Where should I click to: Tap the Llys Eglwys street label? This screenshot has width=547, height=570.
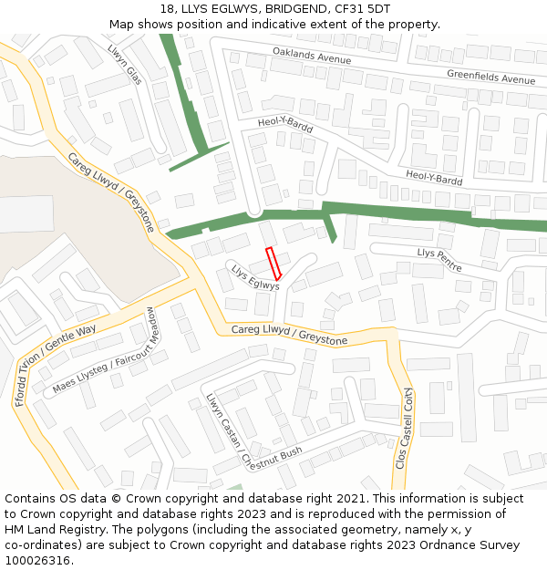pos(254,277)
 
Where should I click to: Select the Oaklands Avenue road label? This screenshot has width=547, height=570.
pos(311,57)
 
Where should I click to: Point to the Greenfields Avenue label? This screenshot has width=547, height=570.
pos(490,77)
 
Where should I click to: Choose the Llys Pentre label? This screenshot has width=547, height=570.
pos(439,260)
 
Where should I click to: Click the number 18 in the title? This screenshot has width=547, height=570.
pos(166,8)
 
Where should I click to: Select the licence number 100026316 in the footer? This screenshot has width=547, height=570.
pos(37,560)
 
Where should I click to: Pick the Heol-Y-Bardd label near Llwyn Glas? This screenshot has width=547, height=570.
pos(284,125)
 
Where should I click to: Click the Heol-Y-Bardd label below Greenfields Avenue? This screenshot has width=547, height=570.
pos(434,177)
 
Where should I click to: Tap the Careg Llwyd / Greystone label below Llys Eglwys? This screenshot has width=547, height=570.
pos(289,335)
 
